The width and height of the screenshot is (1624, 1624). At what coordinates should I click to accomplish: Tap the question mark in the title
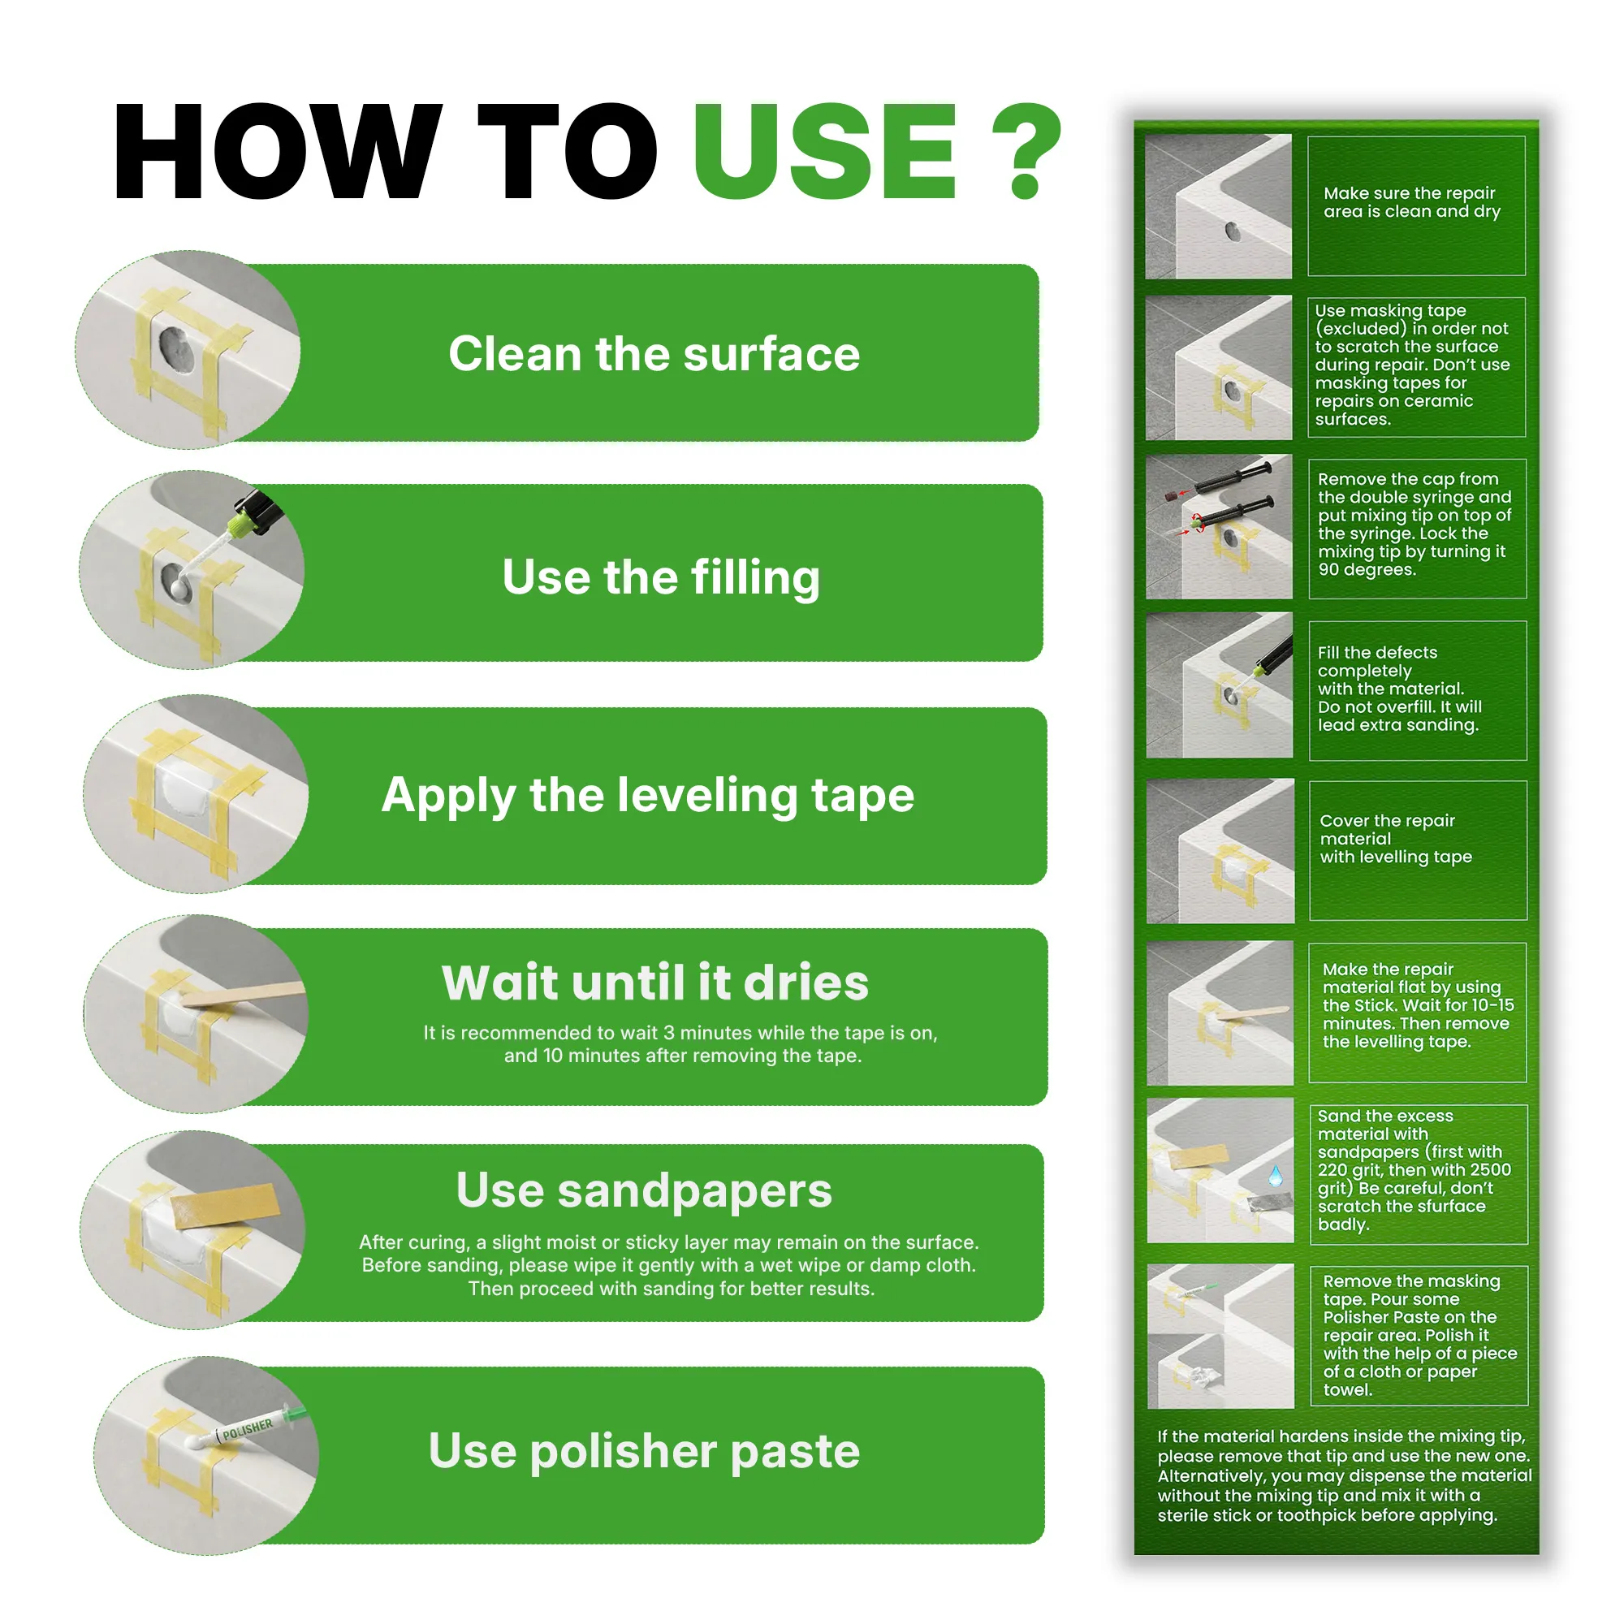coord(1026,151)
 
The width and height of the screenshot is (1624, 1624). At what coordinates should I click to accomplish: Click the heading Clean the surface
coord(654,353)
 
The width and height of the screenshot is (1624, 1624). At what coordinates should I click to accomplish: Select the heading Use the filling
coord(661,577)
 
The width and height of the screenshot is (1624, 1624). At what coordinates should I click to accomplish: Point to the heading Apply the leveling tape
coord(647,795)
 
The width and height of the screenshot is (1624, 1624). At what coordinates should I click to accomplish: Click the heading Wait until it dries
coord(654,982)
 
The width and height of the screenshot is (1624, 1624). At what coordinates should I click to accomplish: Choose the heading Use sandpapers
coord(644,1190)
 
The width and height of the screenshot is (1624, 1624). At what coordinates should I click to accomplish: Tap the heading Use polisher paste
coord(644,1451)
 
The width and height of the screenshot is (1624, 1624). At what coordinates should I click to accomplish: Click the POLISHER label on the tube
coord(247,1429)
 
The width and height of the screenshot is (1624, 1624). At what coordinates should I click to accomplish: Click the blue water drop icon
coord(1276,1174)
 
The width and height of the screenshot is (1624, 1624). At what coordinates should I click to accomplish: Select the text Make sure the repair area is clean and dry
coord(1412,202)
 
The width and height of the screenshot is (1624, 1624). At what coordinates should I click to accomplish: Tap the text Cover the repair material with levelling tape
coord(1395,839)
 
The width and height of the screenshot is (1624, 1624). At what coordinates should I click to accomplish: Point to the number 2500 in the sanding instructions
coord(1490,1170)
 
